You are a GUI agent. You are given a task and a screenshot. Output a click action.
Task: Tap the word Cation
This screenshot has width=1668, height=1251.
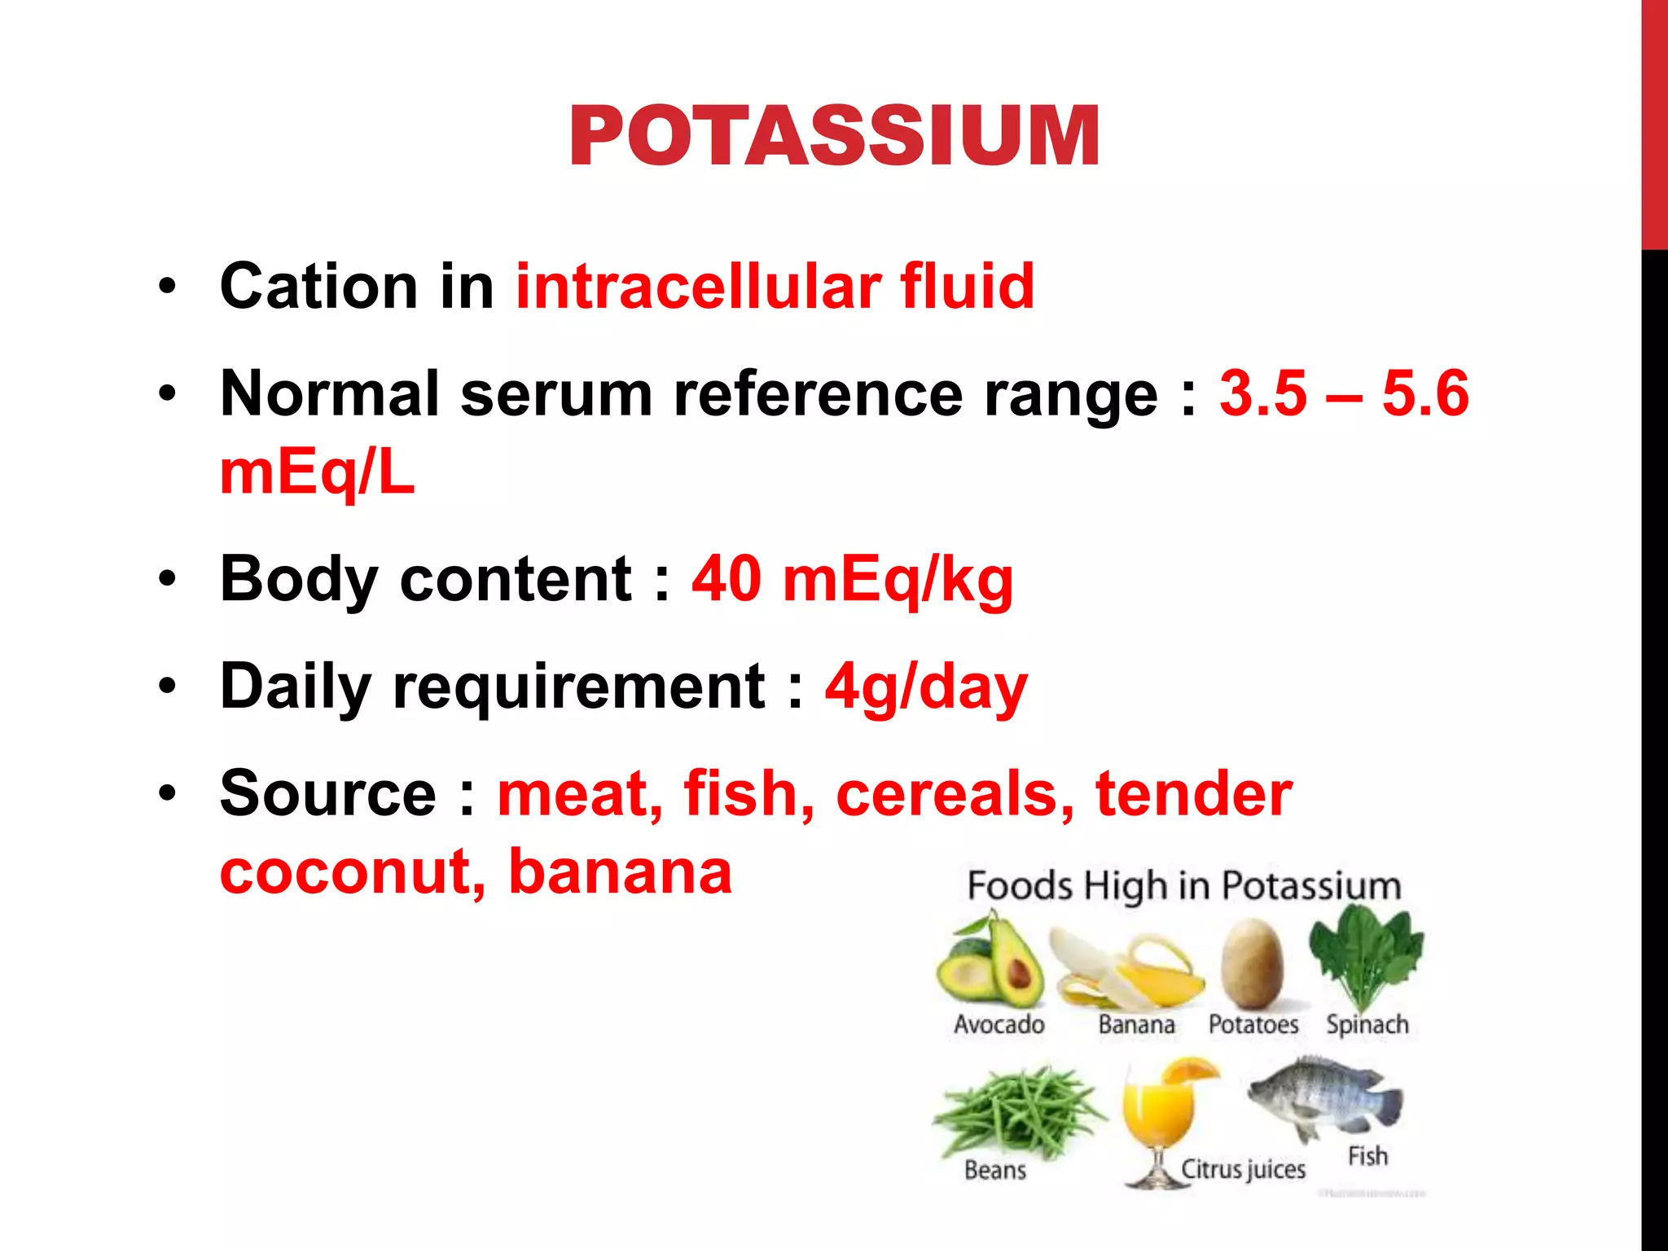318,287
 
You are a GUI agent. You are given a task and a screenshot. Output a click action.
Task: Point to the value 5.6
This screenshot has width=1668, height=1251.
1425,393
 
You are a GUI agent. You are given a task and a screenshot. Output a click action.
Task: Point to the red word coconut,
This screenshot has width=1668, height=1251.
353,871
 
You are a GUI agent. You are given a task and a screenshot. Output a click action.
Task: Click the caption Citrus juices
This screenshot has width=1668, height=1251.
1243,1170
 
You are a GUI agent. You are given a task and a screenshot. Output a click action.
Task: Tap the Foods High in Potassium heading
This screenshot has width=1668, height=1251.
1183,885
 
